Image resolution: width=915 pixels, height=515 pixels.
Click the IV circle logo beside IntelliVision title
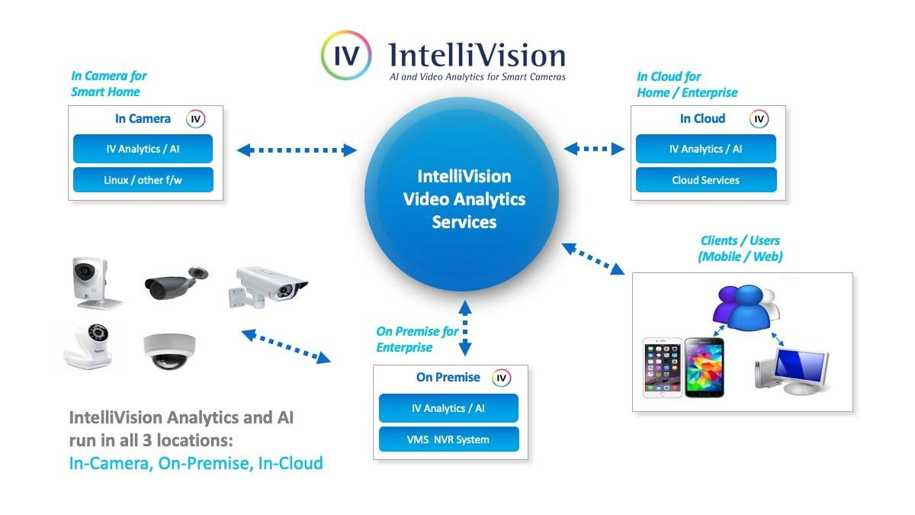[346, 56]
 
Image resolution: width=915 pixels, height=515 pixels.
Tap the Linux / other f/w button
[143, 181]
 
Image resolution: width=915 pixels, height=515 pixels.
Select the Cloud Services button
[705, 181]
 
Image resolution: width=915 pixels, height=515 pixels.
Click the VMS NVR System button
[448, 439]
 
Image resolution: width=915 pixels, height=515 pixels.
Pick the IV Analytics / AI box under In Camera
[143, 150]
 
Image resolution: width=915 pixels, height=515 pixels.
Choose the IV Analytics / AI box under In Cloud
[705, 150]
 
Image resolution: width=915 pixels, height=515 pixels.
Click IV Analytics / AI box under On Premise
[448, 408]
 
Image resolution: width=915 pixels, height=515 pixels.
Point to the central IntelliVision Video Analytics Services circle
[463, 198]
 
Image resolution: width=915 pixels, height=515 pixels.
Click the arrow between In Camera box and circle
[297, 150]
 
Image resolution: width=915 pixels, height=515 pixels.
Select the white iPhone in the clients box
[662, 369]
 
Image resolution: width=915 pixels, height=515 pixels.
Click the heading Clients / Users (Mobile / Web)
[740, 249]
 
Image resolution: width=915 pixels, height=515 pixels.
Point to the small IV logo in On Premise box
[500, 378]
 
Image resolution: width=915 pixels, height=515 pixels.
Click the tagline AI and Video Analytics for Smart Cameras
[477, 77]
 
